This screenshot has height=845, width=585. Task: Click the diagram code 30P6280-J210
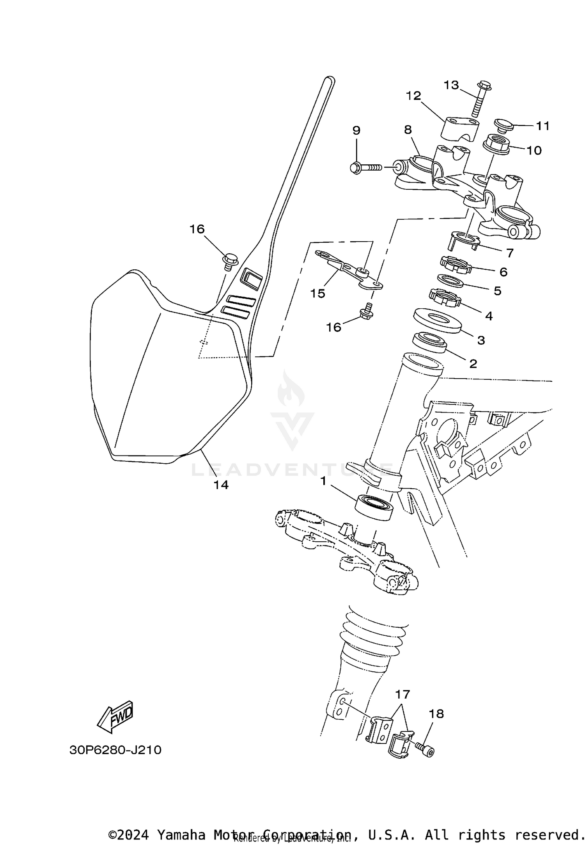pos(115,750)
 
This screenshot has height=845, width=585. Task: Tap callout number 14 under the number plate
pos(221,485)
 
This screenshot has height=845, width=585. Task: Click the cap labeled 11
pos(503,125)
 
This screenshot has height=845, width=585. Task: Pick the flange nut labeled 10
pos(496,144)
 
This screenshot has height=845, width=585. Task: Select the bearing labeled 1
pos(374,507)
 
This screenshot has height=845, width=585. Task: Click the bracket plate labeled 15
pos(348,271)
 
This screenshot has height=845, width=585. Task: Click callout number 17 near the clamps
pos(402,694)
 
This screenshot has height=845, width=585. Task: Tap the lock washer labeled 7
pos(463,240)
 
